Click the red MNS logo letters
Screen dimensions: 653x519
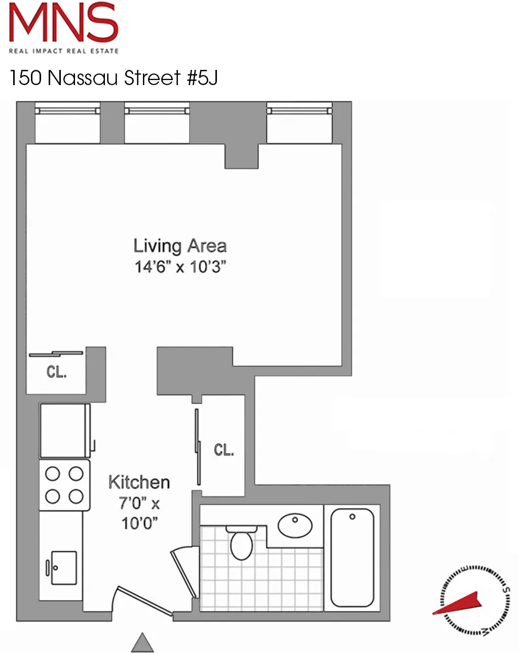(x=63, y=23)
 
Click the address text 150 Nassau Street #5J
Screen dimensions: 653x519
(x=114, y=78)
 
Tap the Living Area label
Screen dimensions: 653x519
(x=179, y=246)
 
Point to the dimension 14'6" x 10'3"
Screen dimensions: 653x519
(x=180, y=266)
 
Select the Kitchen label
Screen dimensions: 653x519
(x=139, y=482)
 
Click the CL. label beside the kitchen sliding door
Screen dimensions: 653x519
(x=224, y=450)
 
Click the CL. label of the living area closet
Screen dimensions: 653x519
(x=56, y=372)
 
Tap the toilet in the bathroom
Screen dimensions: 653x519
(x=241, y=543)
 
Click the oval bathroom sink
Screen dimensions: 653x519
(x=295, y=525)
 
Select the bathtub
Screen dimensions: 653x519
(x=352, y=557)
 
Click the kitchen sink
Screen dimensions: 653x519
(x=64, y=567)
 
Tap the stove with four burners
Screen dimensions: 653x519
(x=64, y=485)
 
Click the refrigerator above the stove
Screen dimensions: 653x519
(x=65, y=431)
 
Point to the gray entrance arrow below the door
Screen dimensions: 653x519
(x=142, y=643)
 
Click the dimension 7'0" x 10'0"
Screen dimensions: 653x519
(x=139, y=513)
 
